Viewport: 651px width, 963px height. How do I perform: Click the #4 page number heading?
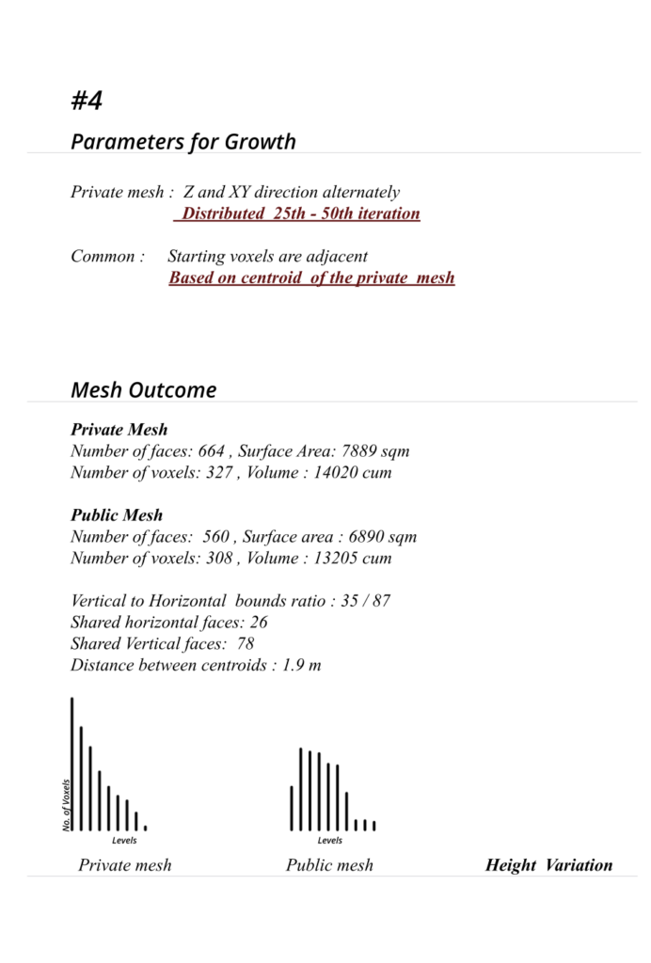click(87, 101)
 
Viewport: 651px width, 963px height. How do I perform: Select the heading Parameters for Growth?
click(183, 142)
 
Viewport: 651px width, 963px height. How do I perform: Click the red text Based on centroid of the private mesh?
click(311, 277)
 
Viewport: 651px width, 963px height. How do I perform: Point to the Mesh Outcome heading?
click(143, 390)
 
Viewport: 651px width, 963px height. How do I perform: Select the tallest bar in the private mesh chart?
click(72, 764)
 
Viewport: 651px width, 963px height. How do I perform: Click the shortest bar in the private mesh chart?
click(145, 828)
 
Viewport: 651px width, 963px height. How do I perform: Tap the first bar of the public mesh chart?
click(292, 808)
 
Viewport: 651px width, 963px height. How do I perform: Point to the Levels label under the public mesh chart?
click(330, 841)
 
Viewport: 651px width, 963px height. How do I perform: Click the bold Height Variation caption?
click(548, 865)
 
